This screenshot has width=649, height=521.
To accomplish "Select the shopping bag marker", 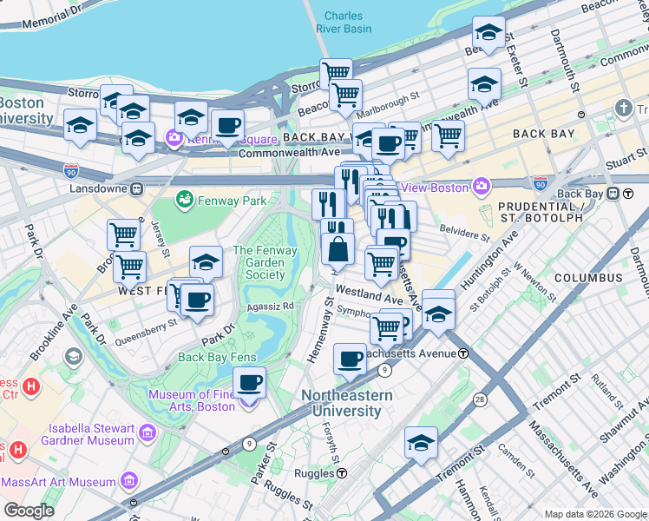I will tap(338, 249).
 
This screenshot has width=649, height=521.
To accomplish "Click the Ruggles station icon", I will tap(344, 474).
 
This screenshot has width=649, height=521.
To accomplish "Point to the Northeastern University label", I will tap(346, 402).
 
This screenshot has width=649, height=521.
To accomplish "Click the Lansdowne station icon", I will tap(136, 188).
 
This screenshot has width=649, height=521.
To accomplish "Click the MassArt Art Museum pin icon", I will tap(128, 481).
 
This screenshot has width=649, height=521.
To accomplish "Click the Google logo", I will tap(29, 510).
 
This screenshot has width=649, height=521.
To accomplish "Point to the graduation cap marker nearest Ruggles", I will tap(422, 444).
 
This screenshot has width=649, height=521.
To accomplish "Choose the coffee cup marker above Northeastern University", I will tap(351, 359).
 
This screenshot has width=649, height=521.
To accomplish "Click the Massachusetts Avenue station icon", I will tap(464, 353).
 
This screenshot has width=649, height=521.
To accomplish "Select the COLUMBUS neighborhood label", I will tap(588, 278).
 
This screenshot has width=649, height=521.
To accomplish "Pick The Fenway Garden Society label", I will tap(265, 263).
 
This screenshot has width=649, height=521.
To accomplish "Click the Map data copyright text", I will tap(594, 513).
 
